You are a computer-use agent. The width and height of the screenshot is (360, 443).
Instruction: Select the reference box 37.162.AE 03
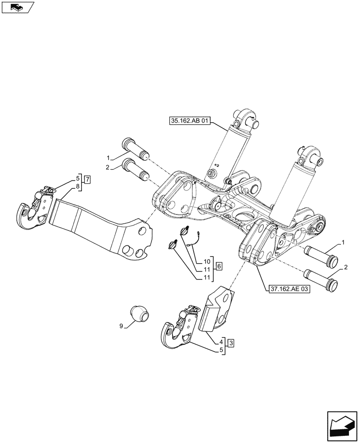click(x=289, y=288)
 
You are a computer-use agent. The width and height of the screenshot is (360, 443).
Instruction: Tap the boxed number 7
click(x=87, y=179)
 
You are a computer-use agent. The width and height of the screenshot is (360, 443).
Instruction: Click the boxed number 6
click(x=219, y=266)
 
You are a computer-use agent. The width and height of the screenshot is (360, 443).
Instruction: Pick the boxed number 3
click(x=231, y=342)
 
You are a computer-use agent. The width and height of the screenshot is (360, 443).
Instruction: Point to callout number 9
click(x=121, y=326)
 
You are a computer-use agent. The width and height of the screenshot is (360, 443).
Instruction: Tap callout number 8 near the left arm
click(x=78, y=187)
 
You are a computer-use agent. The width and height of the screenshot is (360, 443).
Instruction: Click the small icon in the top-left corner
click(x=17, y=7)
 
